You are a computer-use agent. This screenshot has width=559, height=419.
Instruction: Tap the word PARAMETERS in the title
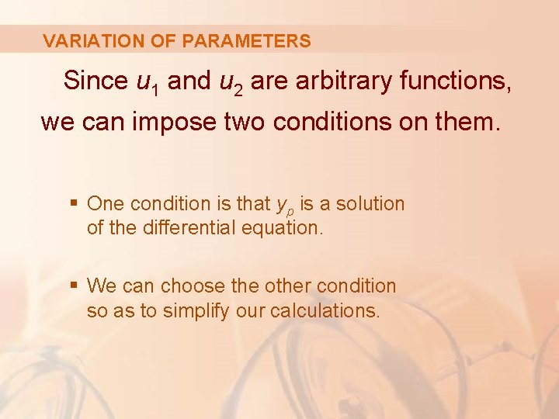(246, 41)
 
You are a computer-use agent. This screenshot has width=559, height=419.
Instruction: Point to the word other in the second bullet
(287, 286)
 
